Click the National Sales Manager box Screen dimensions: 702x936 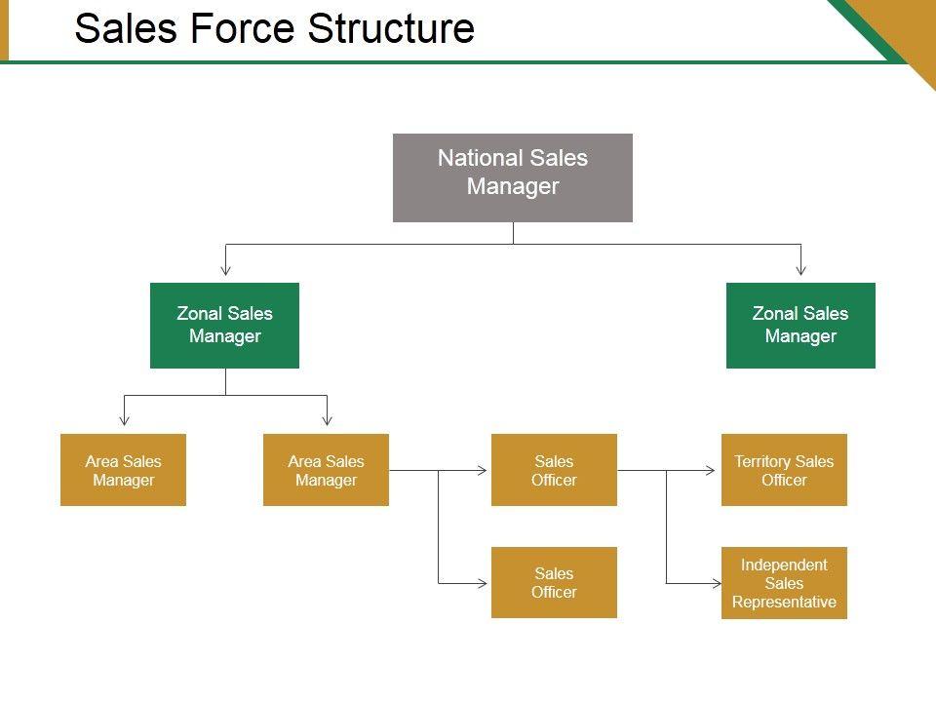(x=512, y=177)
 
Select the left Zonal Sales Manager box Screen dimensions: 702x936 (x=224, y=326)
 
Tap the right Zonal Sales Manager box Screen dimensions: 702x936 (x=800, y=326)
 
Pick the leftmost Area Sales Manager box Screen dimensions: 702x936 (x=123, y=470)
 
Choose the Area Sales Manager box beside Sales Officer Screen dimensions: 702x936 (x=326, y=470)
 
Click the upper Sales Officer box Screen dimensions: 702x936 (x=554, y=470)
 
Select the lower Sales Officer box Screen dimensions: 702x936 (x=554, y=582)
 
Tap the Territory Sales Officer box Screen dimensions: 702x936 (x=784, y=470)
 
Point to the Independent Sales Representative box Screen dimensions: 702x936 (x=784, y=583)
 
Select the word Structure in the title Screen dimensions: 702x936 (x=391, y=29)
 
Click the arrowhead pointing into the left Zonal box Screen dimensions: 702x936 (x=225, y=269)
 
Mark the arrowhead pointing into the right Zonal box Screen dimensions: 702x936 (x=800, y=269)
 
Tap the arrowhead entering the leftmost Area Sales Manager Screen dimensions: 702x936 (x=124, y=420)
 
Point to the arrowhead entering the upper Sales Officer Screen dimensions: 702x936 (x=482, y=471)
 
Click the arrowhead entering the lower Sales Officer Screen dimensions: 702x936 (x=482, y=583)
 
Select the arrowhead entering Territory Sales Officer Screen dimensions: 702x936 (x=711, y=471)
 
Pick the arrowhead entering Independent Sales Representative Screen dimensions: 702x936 (x=711, y=583)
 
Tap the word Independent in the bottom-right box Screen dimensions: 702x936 (x=784, y=565)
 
